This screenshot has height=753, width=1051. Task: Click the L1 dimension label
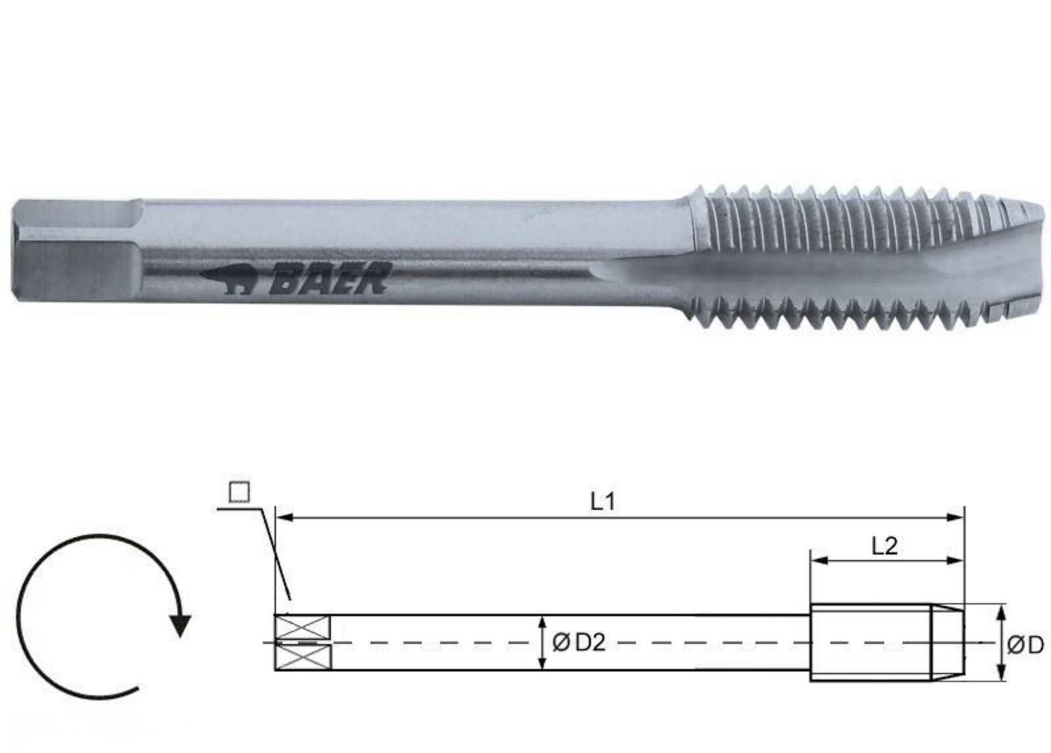pyautogui.click(x=602, y=502)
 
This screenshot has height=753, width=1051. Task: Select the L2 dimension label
pyautogui.click(x=885, y=545)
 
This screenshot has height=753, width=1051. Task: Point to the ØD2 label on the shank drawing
pyautogui.click(x=578, y=643)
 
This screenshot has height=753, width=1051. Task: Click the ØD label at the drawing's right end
pyautogui.click(x=1025, y=645)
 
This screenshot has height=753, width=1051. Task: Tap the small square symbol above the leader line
pyautogui.click(x=239, y=492)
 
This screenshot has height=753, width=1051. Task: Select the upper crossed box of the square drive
pyautogui.click(x=302, y=626)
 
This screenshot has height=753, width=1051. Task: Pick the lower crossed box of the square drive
pyautogui.click(x=302, y=657)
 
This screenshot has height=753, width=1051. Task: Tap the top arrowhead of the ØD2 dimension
pyautogui.click(x=541, y=622)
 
